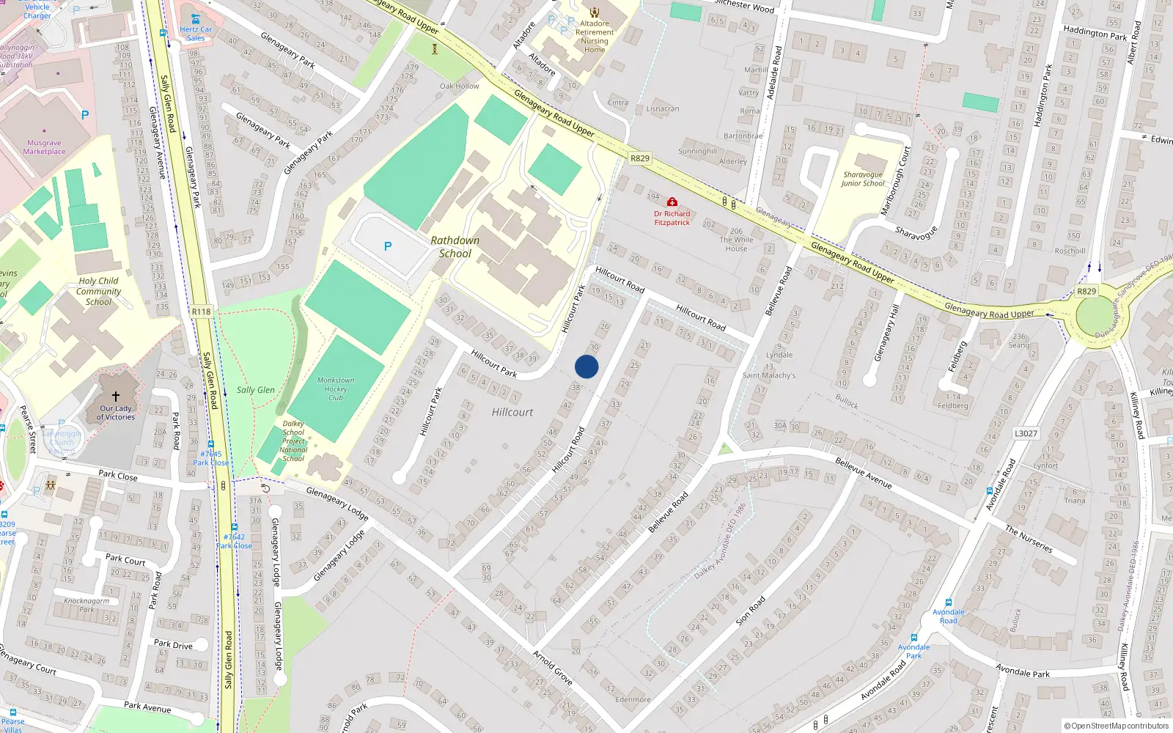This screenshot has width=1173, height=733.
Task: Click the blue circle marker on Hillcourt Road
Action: pos(586,366)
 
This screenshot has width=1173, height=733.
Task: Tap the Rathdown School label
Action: pos(455,247)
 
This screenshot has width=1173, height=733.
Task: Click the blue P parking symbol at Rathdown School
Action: pos(388,246)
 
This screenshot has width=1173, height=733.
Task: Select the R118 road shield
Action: pos(201,312)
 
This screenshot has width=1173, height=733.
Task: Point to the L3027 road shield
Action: pos(1026,433)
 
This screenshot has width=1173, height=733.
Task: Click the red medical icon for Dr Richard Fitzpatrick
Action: pos(672,202)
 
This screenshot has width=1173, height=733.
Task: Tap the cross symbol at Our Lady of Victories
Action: pos(116,397)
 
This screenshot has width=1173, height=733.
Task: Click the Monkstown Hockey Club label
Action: pos(336,389)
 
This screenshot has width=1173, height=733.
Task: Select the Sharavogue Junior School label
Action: pos(863,179)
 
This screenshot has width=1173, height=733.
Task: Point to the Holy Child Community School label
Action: pos(98,291)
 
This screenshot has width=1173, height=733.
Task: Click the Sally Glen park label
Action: pos(256,390)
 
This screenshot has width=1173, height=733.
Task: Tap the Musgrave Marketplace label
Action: pos(44,147)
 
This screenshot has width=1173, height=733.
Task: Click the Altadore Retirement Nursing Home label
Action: pos(595,37)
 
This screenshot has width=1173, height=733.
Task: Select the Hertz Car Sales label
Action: pos(196,34)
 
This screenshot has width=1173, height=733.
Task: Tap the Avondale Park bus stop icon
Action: pos(913,638)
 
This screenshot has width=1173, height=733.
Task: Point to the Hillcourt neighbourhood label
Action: pos(512,412)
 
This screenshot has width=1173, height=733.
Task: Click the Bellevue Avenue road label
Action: pos(864,473)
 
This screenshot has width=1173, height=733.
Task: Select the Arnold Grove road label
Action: pos(552,667)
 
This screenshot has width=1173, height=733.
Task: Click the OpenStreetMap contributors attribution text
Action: pos(1117,726)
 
